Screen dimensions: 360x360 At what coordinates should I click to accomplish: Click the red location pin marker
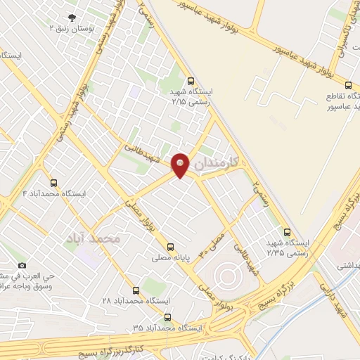pos(181,165)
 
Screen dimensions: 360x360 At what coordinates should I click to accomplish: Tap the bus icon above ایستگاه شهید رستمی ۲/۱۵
pos(192,81)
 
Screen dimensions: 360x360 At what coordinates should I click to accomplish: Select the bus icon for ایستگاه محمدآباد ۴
pos(54,183)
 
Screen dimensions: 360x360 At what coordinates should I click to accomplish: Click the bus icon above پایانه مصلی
pos(170,247)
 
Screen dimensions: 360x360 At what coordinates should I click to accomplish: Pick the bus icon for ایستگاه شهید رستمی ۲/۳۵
pos(286,232)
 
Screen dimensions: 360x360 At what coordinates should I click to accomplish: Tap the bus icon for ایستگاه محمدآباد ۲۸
pos(136,290)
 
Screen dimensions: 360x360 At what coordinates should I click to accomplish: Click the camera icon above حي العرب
pos(22,265)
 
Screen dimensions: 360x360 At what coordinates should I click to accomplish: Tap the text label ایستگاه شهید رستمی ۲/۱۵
pos(192,96)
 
